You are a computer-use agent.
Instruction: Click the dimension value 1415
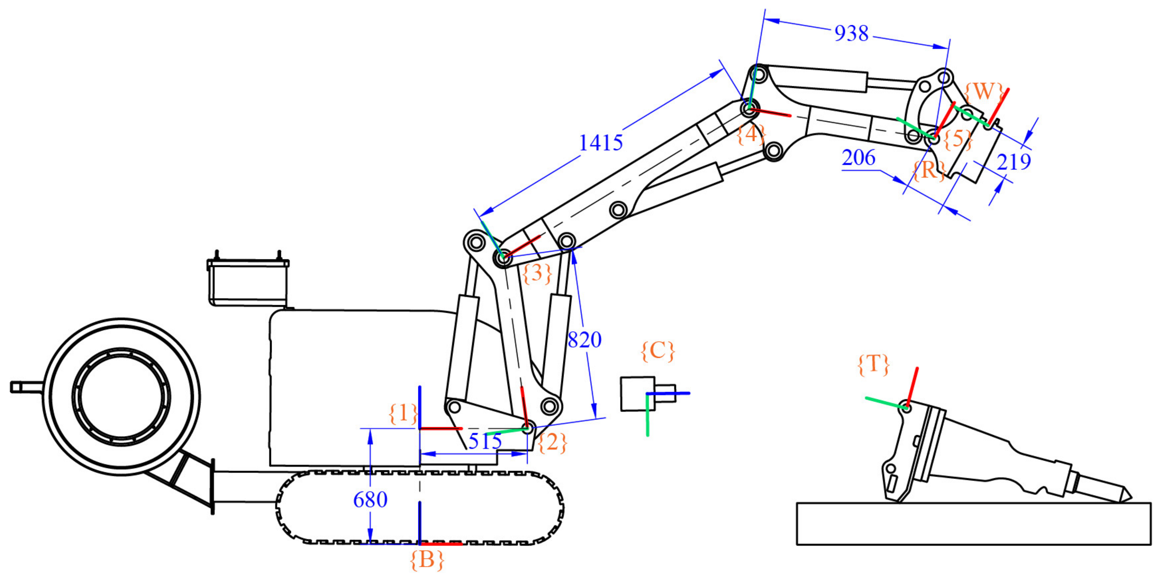(601, 143)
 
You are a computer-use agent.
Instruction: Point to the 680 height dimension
(370, 500)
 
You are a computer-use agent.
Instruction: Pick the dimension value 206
(858, 158)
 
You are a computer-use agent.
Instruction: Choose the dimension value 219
(1014, 162)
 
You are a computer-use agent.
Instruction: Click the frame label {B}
(427, 560)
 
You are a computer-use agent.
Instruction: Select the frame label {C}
(658, 351)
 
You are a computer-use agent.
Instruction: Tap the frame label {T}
(873, 364)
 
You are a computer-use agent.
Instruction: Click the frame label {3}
(537, 273)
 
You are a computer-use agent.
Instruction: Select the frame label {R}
(928, 170)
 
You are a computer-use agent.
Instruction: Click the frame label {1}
(403, 413)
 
